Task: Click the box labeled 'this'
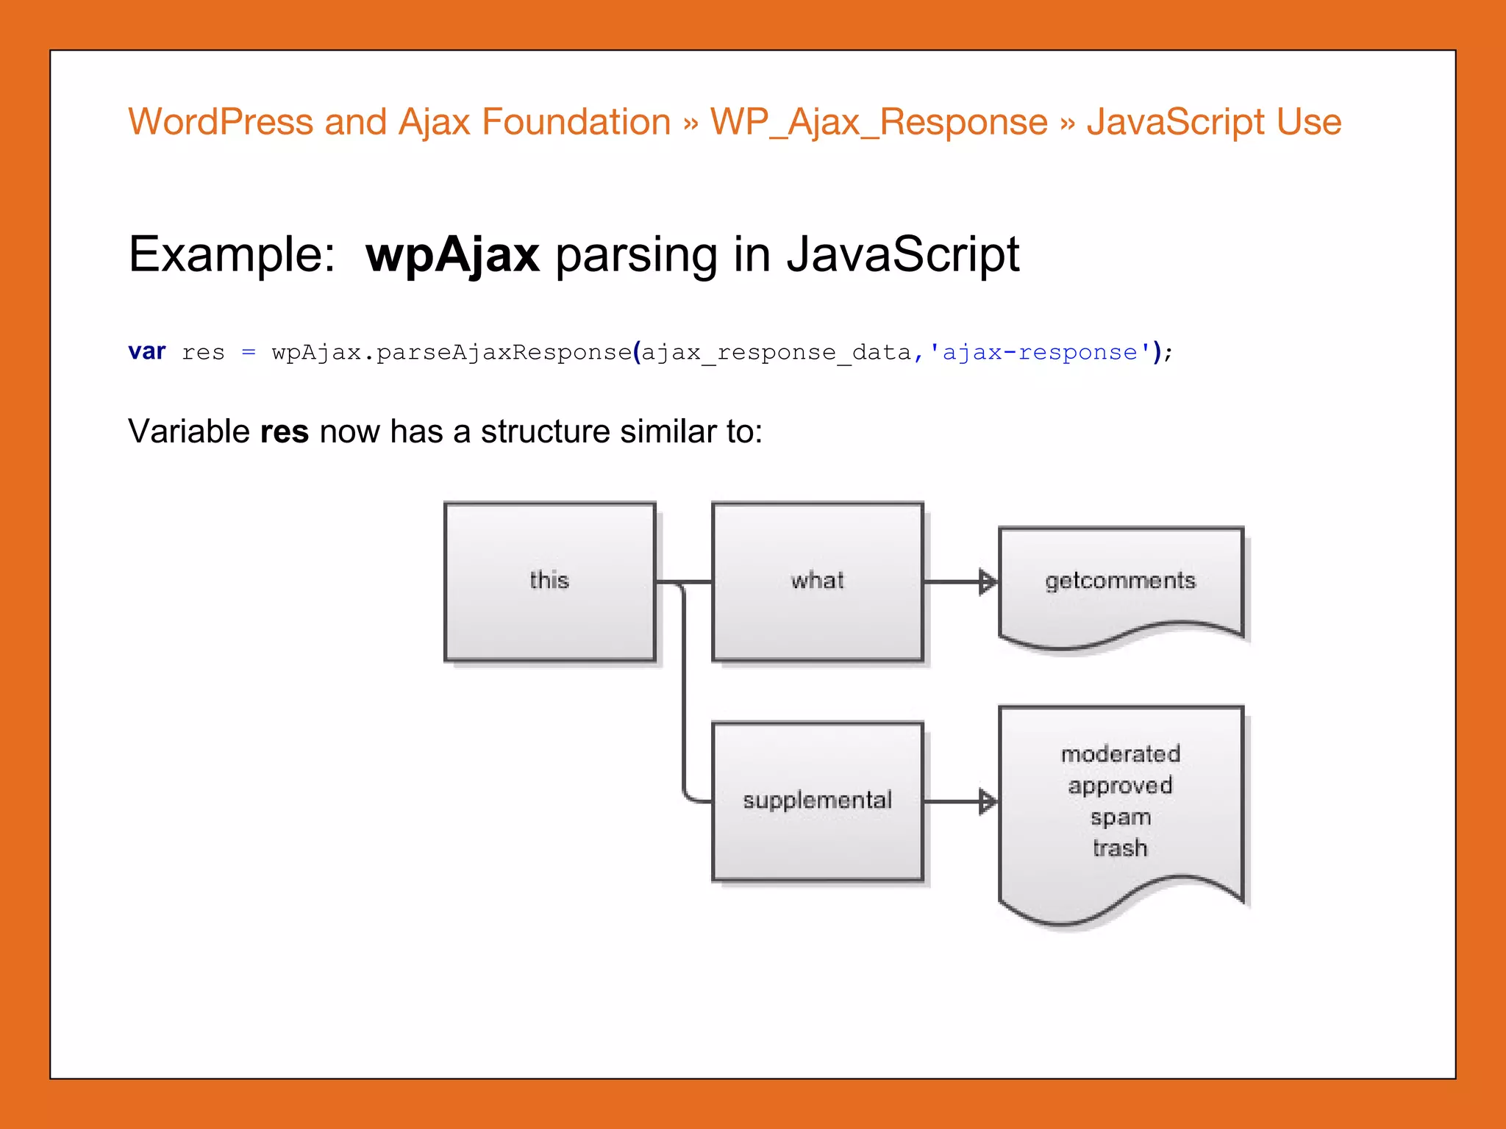coord(549,581)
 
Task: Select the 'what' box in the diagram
coord(817,581)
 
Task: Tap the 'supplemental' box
coord(817,800)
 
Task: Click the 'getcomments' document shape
coord(1120,581)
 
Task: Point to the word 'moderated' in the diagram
coord(1120,754)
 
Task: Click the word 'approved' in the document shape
coord(1120,786)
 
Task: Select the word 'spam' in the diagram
coord(1120,817)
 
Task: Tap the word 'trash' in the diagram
coord(1120,848)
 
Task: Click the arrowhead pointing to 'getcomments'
coord(988,581)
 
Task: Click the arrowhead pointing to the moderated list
coord(988,801)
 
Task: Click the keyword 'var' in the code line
coord(147,351)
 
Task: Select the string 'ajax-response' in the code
coord(1040,352)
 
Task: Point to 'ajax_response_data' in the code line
coord(777,353)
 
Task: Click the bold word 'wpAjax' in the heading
coord(452,254)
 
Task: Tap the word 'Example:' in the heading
coord(232,254)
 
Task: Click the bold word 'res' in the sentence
coord(285,431)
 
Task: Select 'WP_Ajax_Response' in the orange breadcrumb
coord(879,122)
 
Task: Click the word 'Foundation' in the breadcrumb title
coord(576,122)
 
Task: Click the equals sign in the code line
coord(249,353)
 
